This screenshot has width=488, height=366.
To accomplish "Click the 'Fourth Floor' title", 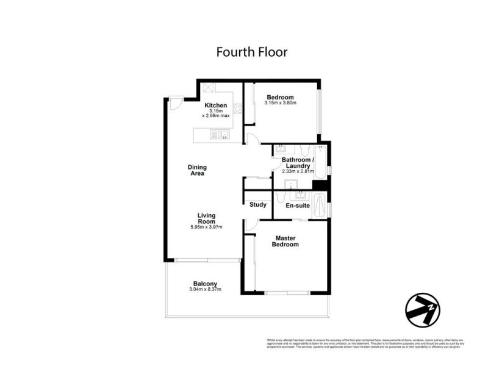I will pyautogui.click(x=251, y=52).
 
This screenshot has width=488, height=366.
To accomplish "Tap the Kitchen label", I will pyautogui.click(x=215, y=106).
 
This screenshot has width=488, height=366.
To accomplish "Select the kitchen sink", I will pyautogui.click(x=220, y=135).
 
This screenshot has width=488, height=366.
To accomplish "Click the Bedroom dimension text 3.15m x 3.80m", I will pyautogui.click(x=280, y=103).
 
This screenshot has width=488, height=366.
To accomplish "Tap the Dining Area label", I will pyautogui.click(x=196, y=170).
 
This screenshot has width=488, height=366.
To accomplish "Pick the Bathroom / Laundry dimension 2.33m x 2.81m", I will pyautogui.click(x=297, y=171).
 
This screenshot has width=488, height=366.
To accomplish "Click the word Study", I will pyautogui.click(x=257, y=204).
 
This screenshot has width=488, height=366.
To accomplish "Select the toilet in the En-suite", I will pyautogui.click(x=279, y=196).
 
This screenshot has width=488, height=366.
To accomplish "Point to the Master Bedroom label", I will pyautogui.click(x=286, y=241).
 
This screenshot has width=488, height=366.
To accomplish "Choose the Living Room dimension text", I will pyautogui.click(x=206, y=228).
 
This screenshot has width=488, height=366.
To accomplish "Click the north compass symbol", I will pyautogui.click(x=423, y=310).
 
